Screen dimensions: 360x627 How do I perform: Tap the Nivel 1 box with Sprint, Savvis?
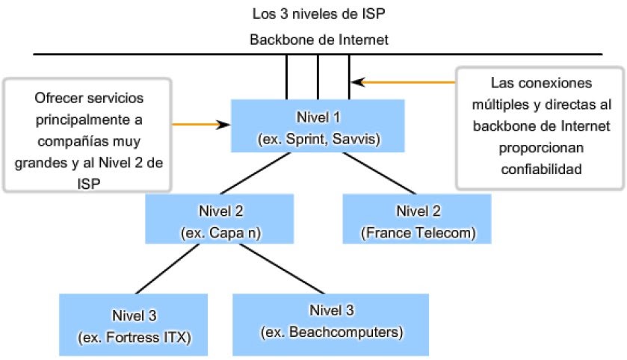tap(318, 125)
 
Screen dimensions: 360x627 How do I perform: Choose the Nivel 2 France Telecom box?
tap(418, 219)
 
